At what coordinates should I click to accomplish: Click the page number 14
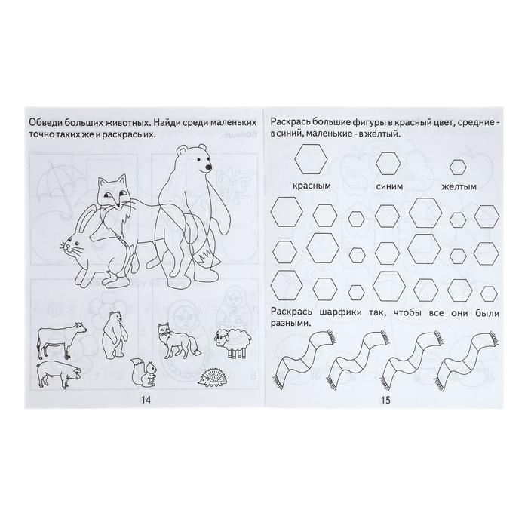click(146, 400)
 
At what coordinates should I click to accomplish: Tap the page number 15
click(385, 400)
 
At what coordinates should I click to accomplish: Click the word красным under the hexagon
click(312, 186)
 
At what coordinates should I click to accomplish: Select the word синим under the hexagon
click(389, 186)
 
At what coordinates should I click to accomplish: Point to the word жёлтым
click(459, 186)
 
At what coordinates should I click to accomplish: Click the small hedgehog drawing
click(211, 379)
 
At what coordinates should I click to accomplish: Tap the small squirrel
click(144, 372)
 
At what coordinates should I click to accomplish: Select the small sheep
click(234, 342)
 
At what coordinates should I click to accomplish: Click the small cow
click(62, 339)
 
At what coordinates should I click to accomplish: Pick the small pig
click(58, 374)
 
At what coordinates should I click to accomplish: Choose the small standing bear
click(115, 335)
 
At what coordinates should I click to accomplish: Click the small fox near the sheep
click(180, 340)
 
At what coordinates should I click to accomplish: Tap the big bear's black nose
click(209, 167)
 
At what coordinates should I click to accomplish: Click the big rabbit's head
click(75, 245)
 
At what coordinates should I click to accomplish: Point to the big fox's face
click(113, 192)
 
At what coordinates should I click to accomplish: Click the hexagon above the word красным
click(311, 159)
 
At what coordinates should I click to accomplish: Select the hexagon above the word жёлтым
click(458, 167)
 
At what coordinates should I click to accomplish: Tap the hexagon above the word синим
click(388, 164)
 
